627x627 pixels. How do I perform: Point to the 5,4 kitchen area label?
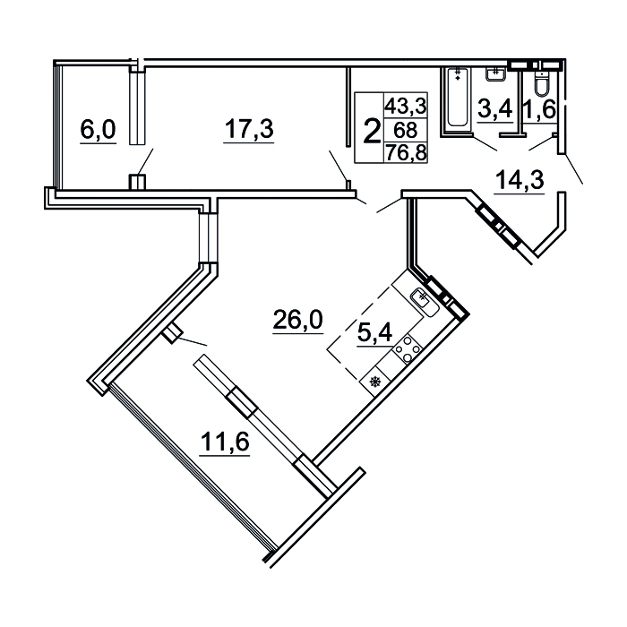pyautogui.click(x=374, y=332)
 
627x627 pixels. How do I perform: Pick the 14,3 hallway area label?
pyautogui.click(x=520, y=180)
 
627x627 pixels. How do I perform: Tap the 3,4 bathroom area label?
pyautogui.click(x=495, y=109)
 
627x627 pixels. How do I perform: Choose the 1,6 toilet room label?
pyautogui.click(x=540, y=109)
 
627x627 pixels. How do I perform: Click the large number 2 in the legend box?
pyautogui.click(x=372, y=132)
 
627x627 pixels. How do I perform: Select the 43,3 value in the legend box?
pyautogui.click(x=406, y=107)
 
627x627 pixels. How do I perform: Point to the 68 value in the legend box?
pyautogui.click(x=405, y=130)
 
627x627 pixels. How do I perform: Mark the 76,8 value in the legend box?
pyautogui.click(x=406, y=152)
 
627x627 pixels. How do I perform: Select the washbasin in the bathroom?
pyautogui.click(x=496, y=74)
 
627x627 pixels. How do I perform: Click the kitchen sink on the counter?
pyautogui.click(x=424, y=302)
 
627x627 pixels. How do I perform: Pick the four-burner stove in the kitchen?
pyautogui.click(x=407, y=349)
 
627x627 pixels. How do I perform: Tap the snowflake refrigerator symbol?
pyautogui.click(x=375, y=382)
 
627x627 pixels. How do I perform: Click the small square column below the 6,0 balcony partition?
pyautogui.click(x=137, y=182)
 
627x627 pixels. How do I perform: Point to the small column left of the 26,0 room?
pyautogui.click(x=172, y=333)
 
